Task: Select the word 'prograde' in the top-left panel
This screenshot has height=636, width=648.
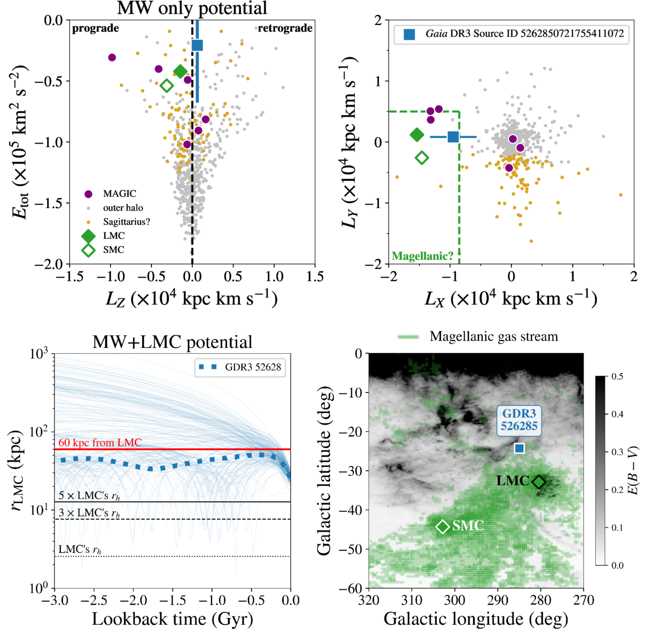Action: [95, 28]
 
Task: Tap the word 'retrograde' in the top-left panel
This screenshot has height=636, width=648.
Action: [285, 28]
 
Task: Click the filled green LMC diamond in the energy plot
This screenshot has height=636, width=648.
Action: [180, 72]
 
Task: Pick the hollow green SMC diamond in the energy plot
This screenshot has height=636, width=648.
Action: [166, 86]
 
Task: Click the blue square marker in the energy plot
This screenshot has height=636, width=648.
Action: [197, 45]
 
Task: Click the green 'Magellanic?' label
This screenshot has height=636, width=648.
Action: [422, 256]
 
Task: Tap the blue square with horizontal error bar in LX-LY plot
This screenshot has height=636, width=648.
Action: [453, 137]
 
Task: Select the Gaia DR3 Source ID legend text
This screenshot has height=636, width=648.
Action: [525, 34]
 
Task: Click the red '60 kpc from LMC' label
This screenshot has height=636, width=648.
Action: [100, 443]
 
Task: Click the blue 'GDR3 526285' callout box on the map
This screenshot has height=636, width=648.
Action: [519, 420]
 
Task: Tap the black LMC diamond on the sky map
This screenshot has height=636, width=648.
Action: [538, 482]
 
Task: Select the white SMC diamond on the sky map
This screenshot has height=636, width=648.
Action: [442, 526]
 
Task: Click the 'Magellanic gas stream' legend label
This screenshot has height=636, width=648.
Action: [494, 337]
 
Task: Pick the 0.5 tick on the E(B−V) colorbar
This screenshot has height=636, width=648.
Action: [618, 377]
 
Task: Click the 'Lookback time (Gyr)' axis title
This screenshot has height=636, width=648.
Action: [173, 619]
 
